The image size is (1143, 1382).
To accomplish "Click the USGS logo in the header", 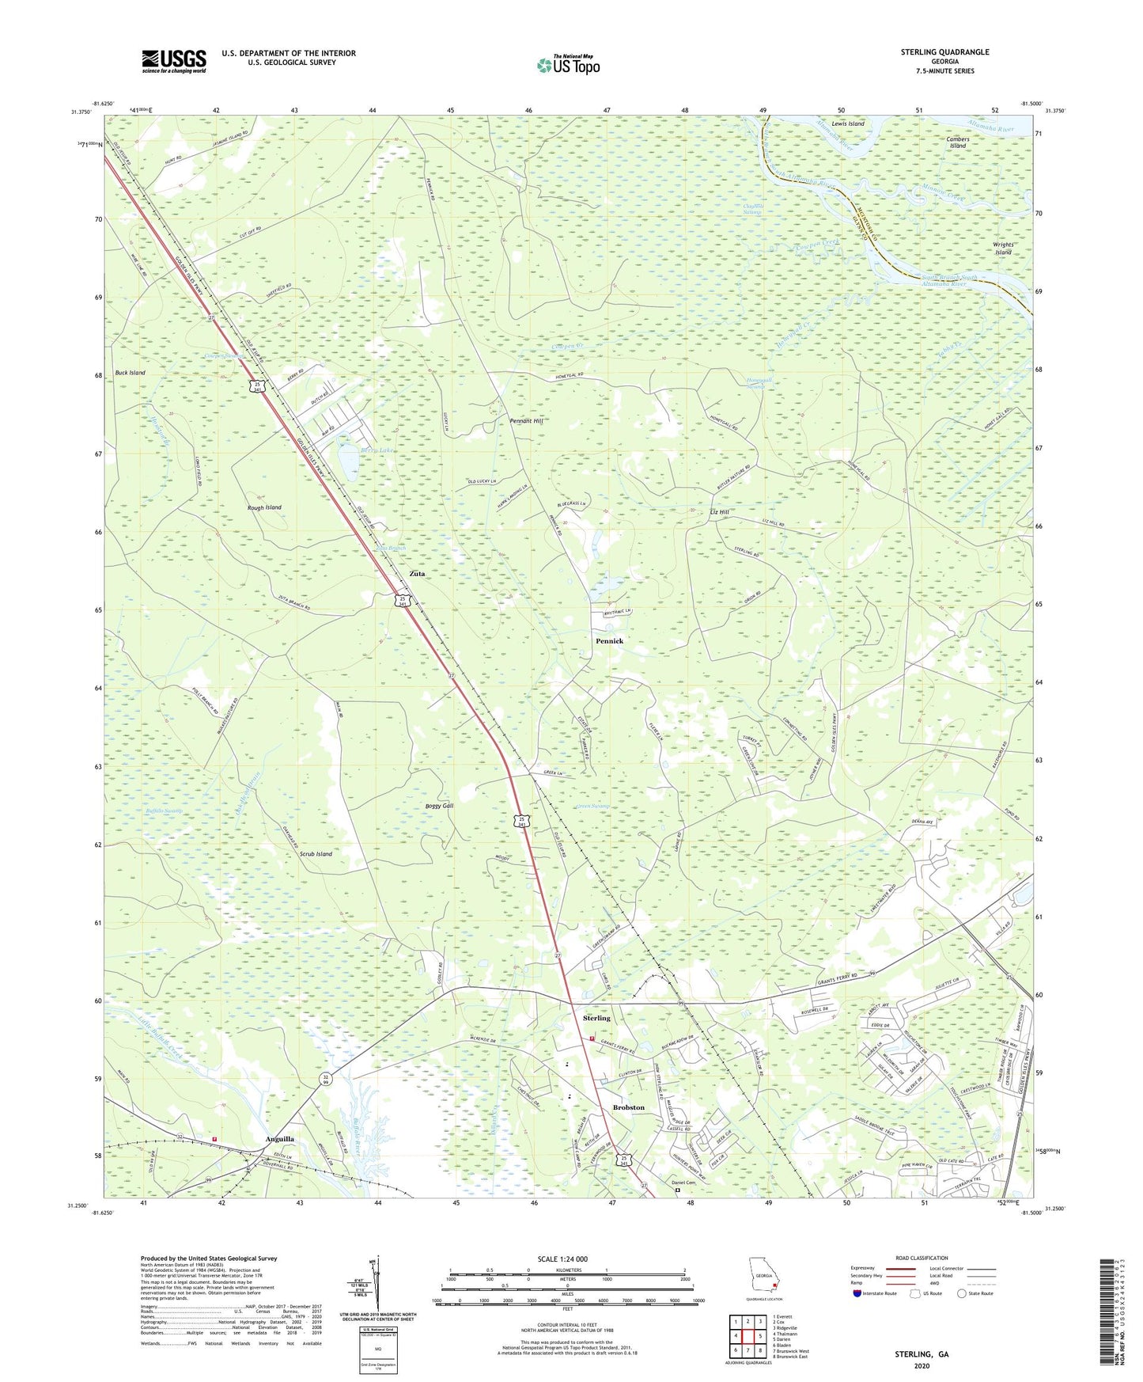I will tap(174, 60).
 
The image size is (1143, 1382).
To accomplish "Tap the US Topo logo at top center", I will tap(567, 65).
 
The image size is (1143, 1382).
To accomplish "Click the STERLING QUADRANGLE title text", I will tap(944, 52).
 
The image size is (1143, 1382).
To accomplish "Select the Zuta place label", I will tap(417, 573).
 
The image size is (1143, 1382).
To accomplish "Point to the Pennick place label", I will tap(609, 640).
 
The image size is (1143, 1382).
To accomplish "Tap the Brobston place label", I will tap(629, 1107).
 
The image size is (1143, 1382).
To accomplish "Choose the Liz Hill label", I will tap(719, 512).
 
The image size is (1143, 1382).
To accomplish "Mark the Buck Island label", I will tap(131, 372).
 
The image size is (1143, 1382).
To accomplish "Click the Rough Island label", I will tap(263, 507).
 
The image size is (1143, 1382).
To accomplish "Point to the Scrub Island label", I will tap(316, 854).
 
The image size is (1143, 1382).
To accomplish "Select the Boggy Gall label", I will tap(439, 806).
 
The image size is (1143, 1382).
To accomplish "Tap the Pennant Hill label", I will tap(526, 421).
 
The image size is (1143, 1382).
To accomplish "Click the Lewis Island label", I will tap(848, 123).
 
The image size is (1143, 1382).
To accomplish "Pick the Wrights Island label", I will tap(1003, 249).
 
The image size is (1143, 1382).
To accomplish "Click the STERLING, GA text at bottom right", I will tap(922, 1354).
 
